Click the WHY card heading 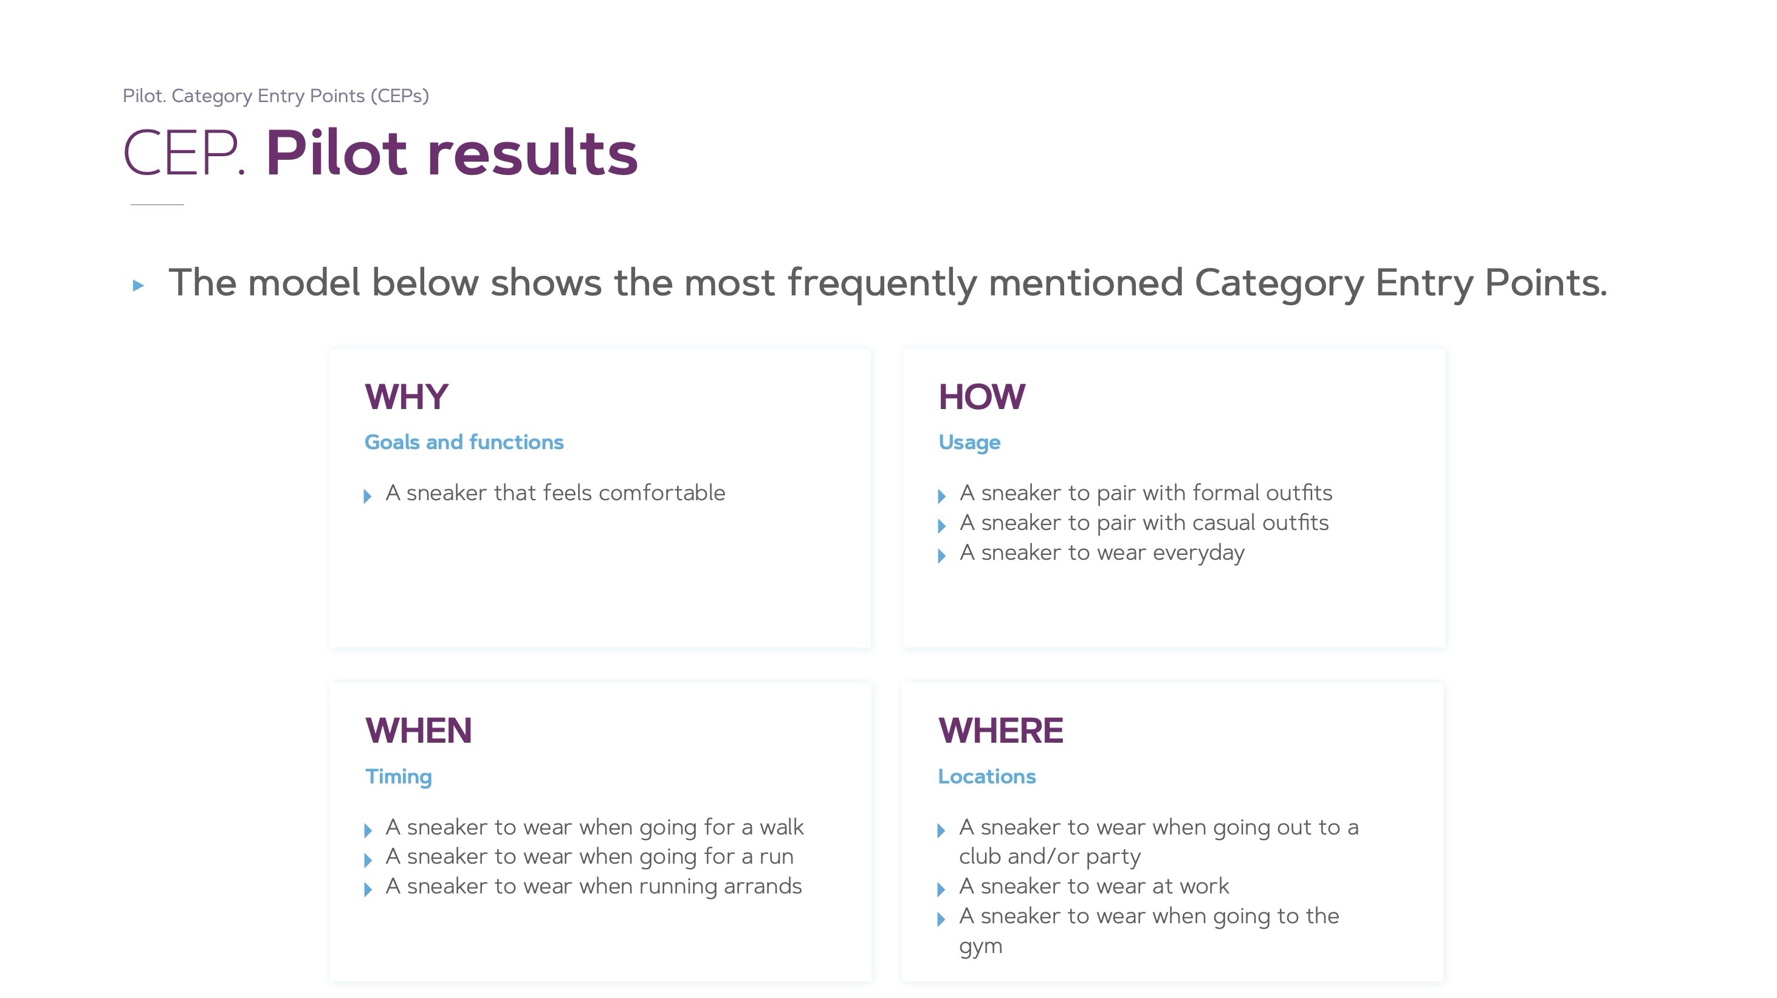407,397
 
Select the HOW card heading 981,397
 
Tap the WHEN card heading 418,731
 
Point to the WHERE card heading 1000,731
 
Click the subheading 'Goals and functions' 464,442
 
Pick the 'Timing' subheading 399,777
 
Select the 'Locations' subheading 987,777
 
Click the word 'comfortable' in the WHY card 662,493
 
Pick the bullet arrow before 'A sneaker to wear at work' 941,890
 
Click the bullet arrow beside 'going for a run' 368,860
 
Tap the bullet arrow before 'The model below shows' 138,285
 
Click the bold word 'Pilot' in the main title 337,153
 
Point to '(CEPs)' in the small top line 399,96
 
